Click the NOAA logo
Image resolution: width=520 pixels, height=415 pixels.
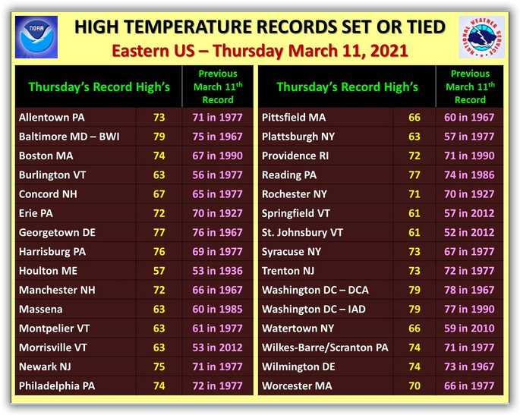(x=36, y=36)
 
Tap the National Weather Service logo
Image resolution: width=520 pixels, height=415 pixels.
(x=482, y=36)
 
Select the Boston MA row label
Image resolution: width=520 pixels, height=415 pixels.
(x=46, y=156)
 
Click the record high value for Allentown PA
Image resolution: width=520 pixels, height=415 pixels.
(x=159, y=118)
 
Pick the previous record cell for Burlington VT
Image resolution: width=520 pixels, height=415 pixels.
(x=218, y=175)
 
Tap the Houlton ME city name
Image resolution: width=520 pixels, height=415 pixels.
(x=48, y=271)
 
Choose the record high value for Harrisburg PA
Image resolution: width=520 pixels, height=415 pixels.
(x=159, y=252)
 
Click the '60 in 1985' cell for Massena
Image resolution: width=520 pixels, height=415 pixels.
(x=218, y=310)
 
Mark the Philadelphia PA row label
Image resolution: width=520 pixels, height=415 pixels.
(x=57, y=386)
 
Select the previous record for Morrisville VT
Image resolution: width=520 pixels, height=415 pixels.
(x=218, y=347)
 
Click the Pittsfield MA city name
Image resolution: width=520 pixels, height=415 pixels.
(x=294, y=118)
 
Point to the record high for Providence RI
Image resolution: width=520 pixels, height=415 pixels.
(x=414, y=156)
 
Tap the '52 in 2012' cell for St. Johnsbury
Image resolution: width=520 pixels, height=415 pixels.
(x=469, y=232)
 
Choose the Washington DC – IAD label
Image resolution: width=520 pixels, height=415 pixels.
(x=314, y=310)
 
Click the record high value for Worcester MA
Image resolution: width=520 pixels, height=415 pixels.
(x=414, y=386)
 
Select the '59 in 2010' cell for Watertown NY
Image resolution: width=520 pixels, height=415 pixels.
(x=469, y=329)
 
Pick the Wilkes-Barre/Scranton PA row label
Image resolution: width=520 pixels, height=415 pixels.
(x=325, y=347)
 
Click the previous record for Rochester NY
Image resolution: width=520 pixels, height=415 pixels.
(x=469, y=194)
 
